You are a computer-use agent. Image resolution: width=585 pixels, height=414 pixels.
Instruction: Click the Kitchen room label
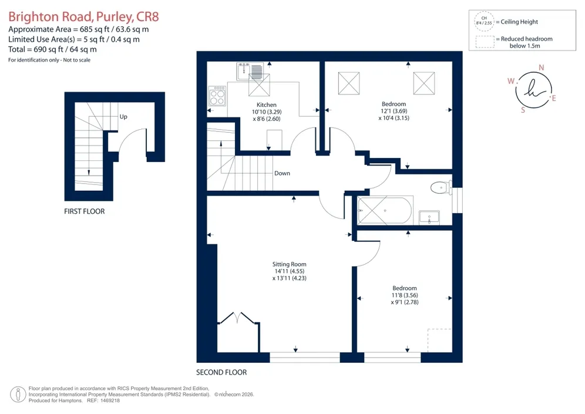[x=267, y=105]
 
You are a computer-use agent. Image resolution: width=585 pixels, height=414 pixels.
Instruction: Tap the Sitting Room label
[x=289, y=264]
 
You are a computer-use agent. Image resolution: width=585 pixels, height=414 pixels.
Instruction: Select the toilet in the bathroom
[x=441, y=187]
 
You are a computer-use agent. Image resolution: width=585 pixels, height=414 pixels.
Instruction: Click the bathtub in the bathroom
[x=385, y=210]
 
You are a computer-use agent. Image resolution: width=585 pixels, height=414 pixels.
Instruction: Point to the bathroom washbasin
[x=429, y=217]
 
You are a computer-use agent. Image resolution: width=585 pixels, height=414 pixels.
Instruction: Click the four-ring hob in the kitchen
[x=217, y=96]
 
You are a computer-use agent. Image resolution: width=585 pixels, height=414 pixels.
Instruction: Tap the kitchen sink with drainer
[x=250, y=71]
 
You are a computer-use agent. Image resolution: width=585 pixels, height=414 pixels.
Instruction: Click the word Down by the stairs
[x=282, y=173]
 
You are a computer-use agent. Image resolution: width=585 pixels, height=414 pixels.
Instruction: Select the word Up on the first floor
[x=123, y=117]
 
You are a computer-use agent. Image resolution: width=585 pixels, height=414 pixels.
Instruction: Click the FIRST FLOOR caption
[x=85, y=211]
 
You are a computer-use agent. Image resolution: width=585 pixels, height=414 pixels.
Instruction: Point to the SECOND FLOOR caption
[x=221, y=372]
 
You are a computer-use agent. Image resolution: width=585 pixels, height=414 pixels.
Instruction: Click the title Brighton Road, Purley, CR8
[x=83, y=17]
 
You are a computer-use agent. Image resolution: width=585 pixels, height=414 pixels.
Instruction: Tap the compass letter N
[x=542, y=68]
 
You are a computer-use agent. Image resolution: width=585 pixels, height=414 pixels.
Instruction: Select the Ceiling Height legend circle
[x=484, y=21]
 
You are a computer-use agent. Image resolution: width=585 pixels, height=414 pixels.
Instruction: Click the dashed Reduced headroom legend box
[x=485, y=42]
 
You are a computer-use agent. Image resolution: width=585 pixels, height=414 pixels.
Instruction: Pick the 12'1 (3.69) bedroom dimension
[x=394, y=111]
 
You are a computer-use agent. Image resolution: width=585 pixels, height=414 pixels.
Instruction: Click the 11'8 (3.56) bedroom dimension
[x=405, y=295]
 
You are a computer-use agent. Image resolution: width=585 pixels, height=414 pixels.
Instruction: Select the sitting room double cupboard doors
[x=238, y=317]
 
